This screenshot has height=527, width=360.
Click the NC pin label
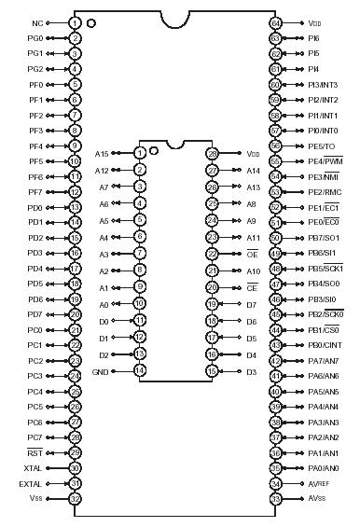37,22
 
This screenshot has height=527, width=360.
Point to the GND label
102,370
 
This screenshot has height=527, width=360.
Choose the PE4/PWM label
323,160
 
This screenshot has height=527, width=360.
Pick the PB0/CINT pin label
323,345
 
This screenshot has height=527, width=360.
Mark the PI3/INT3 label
323,84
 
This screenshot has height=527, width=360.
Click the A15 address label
102,152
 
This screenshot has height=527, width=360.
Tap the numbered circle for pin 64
275,22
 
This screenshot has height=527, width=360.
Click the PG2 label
35,68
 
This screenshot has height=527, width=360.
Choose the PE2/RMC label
323,191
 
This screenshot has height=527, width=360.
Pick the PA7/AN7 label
323,360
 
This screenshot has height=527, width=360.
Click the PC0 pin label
35,329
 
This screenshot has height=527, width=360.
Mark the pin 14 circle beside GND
139,370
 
